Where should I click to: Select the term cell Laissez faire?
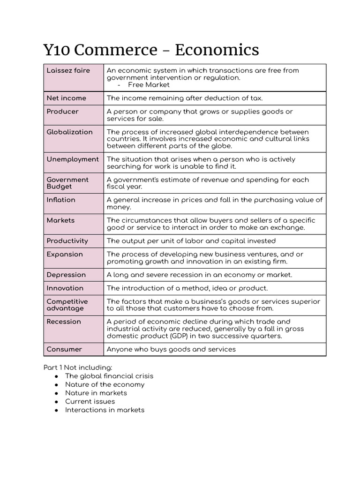coord(68,71)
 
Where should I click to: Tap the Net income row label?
coord(67,98)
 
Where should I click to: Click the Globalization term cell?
coord(69,132)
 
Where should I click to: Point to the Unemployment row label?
coord(73,159)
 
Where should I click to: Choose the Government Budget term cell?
coord(67,183)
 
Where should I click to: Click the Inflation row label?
coord(61,200)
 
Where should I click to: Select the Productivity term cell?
coord(67,241)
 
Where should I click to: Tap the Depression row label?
coord(66,275)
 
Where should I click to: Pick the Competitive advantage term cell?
coord(67,305)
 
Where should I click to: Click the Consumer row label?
coord(65,349)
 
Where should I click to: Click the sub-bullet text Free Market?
coord(149,85)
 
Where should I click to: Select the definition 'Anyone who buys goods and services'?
coord(171,349)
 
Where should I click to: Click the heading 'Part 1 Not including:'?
coord(78,367)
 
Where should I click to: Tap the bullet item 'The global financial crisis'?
coord(109,376)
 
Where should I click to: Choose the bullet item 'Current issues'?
coord(90,401)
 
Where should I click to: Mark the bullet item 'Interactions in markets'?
coord(105,410)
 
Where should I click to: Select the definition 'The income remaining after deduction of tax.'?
coord(185,98)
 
